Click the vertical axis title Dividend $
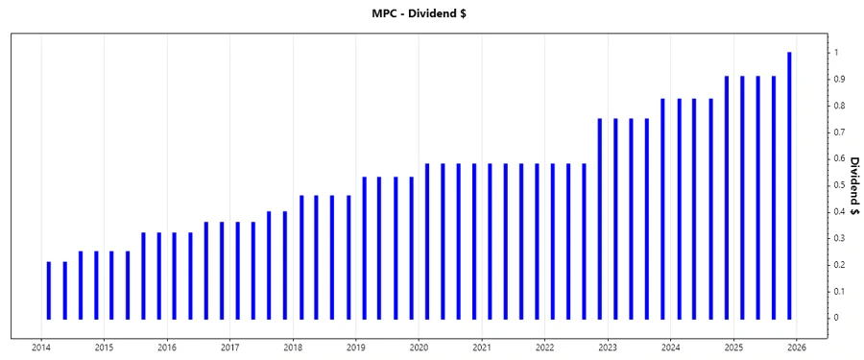click(852, 184)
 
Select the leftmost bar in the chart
click(49, 290)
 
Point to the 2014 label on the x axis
click(41, 347)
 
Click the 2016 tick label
click(167, 347)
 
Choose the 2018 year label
click(293, 347)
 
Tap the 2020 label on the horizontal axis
click(419, 347)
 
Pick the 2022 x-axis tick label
click(544, 347)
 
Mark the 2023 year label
click(608, 347)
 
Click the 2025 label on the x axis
click(733, 347)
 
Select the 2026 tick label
click(796, 347)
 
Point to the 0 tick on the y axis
click(836, 318)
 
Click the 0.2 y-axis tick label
click(839, 265)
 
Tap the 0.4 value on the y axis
click(839, 211)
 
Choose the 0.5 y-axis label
click(839, 185)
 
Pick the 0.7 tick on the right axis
click(839, 132)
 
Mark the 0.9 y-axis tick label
click(839, 79)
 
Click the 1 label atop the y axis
click(836, 53)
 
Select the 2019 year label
click(355, 347)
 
